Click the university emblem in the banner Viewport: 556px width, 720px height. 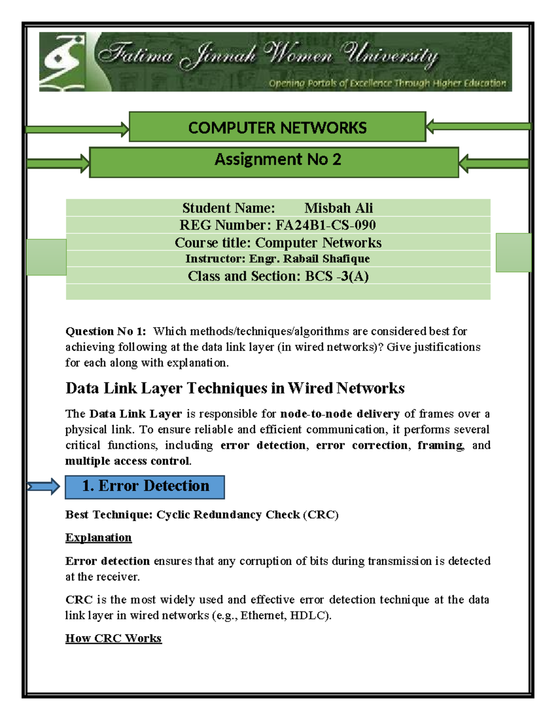(x=62, y=61)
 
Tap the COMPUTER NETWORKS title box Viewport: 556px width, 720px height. (x=277, y=127)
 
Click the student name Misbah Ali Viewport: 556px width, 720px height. (x=338, y=208)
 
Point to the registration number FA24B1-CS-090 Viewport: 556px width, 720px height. (x=325, y=225)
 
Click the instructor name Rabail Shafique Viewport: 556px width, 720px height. (x=326, y=259)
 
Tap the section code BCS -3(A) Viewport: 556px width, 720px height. (x=337, y=276)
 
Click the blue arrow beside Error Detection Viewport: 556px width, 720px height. (x=44, y=486)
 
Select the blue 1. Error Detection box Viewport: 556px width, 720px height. (x=145, y=487)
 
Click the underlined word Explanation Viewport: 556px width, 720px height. (x=98, y=537)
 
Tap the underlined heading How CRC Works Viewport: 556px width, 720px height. (x=114, y=638)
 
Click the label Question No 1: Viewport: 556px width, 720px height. (x=106, y=331)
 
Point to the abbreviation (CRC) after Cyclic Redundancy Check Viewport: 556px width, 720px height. (x=321, y=515)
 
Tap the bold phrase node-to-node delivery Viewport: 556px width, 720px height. (x=340, y=414)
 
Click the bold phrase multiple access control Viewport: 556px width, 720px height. (x=127, y=461)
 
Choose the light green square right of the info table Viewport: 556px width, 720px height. (x=513, y=252)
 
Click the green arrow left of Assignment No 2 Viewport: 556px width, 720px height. (x=58, y=163)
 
